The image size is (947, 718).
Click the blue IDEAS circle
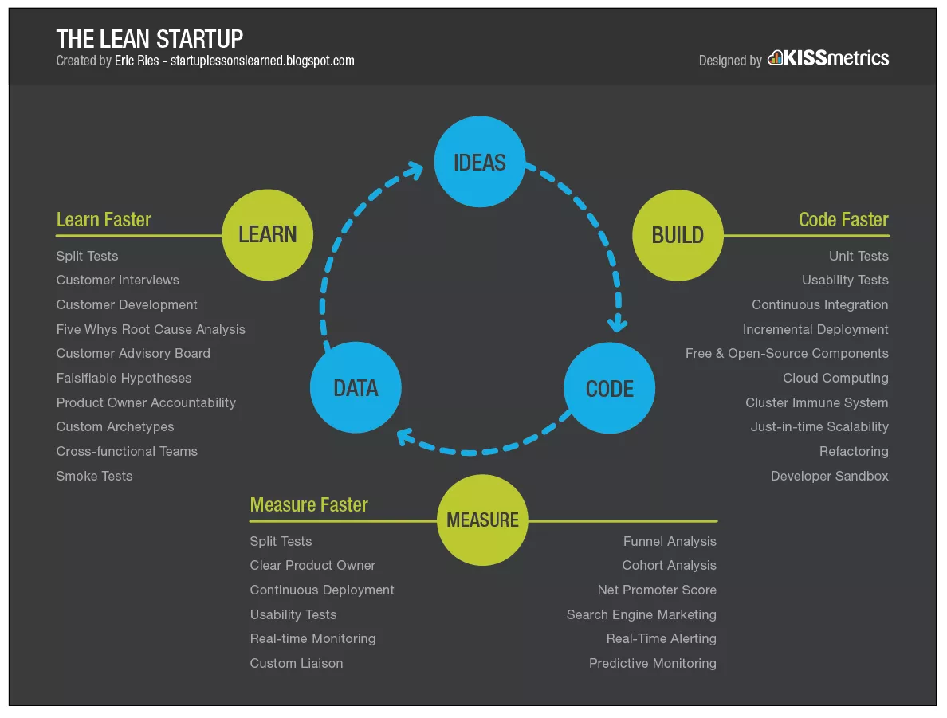[x=480, y=161]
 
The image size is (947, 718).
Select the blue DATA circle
[x=356, y=387]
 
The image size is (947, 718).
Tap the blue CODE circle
[x=609, y=387]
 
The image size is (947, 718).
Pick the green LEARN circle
[x=268, y=235]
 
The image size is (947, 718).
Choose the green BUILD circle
[x=678, y=235]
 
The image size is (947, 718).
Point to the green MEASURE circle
[x=482, y=520]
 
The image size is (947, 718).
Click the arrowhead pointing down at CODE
[x=617, y=324]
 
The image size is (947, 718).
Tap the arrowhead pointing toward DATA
[x=406, y=437]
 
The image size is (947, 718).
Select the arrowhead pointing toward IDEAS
[x=414, y=170]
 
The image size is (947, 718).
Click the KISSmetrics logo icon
[x=775, y=58]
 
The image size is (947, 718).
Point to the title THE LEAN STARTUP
[x=150, y=39]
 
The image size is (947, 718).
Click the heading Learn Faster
[x=104, y=219]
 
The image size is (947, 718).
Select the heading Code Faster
[x=843, y=219]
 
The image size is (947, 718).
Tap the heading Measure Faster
[x=308, y=504]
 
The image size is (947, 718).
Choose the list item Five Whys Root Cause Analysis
[x=151, y=329]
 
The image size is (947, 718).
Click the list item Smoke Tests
[x=94, y=476]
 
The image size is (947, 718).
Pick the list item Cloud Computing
[x=836, y=378]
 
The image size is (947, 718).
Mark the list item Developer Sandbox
[x=830, y=476]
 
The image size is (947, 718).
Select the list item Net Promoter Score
[x=657, y=590]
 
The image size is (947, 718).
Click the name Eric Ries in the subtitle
[x=137, y=61]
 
